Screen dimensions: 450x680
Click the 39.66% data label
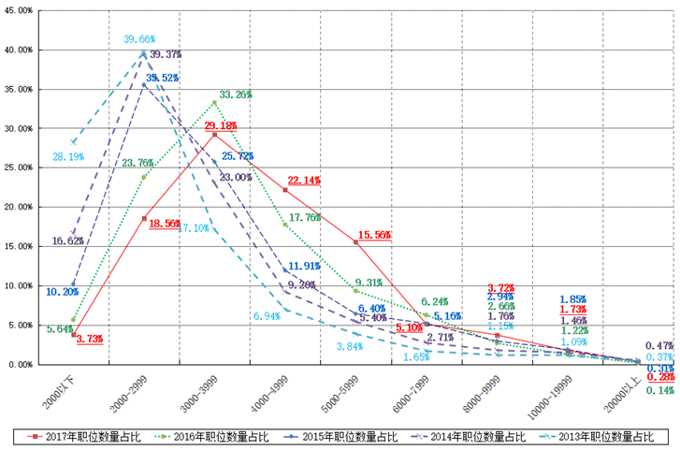139,39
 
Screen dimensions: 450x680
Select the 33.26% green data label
235,94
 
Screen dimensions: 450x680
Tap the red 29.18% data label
221,124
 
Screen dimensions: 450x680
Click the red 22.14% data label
304,180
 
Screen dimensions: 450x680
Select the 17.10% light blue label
193,227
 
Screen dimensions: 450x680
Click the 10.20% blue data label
62,291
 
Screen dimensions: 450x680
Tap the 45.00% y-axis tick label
20,10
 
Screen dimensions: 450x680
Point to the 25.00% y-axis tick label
20,167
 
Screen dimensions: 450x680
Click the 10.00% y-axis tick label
20,285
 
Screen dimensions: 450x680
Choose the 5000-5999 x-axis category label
339,389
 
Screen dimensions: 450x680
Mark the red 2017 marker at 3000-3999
214,135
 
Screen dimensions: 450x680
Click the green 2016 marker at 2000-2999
144,177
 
